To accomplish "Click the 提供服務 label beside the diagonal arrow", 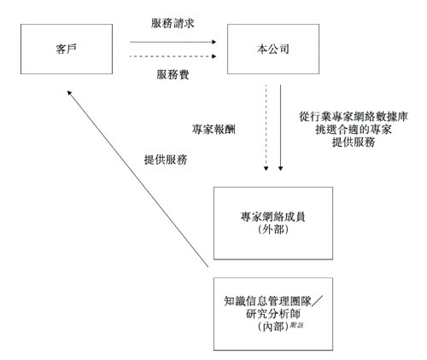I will pyautogui.click(x=166, y=160).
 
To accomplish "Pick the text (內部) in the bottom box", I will pyautogui.click(x=268, y=325).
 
